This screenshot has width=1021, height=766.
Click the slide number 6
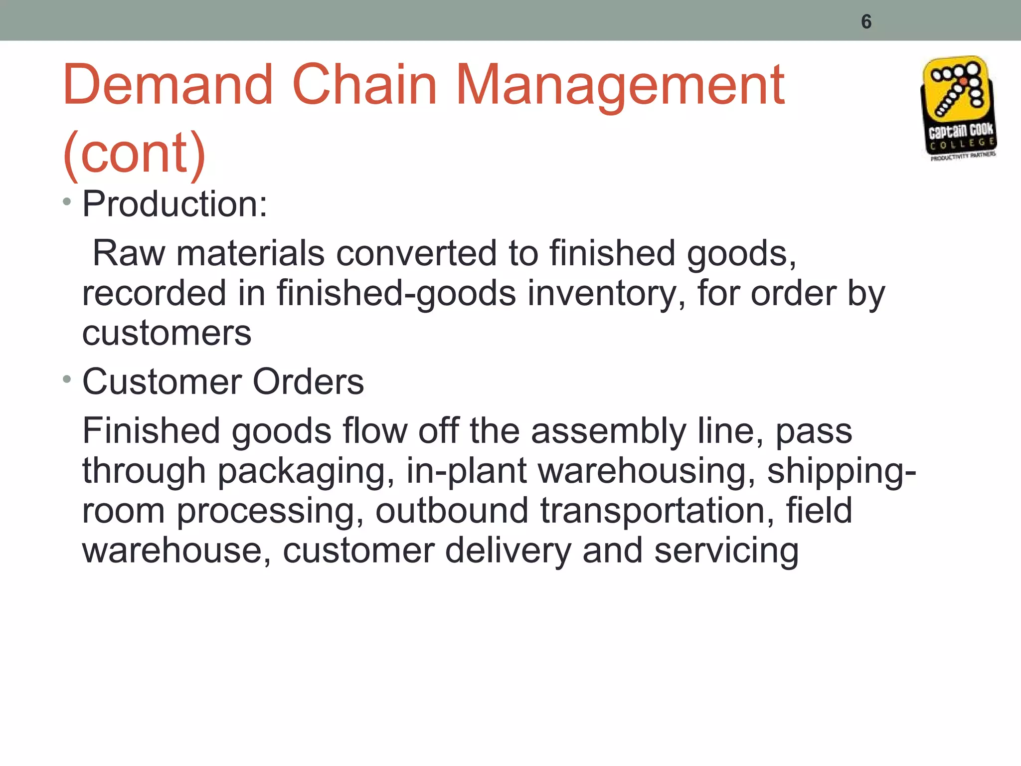[x=866, y=22]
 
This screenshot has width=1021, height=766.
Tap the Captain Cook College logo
[x=958, y=108]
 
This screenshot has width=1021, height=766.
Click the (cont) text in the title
[x=135, y=153]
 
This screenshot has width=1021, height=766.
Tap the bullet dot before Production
[x=67, y=202]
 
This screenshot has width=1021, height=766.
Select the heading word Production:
[x=174, y=204]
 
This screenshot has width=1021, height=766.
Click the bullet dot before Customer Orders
[x=67, y=380]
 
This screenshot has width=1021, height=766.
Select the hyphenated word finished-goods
[x=396, y=293]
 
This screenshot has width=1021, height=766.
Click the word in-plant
[x=466, y=471]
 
